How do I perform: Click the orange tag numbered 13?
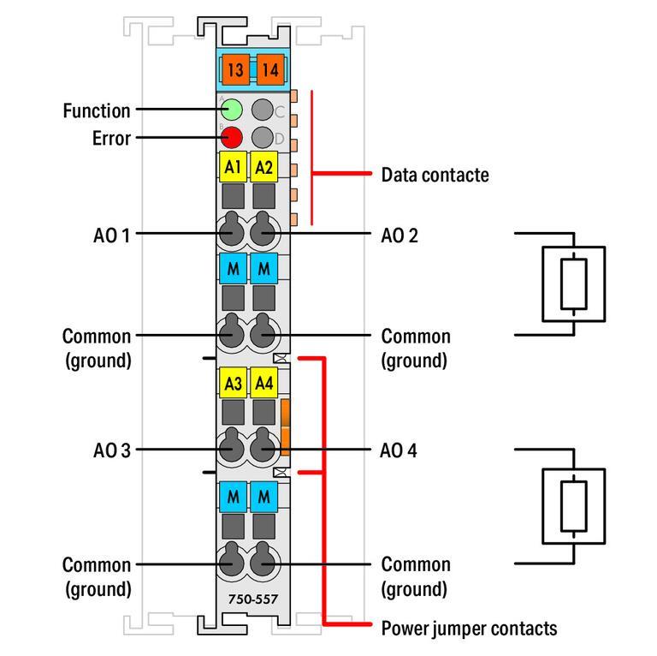coord(234,69)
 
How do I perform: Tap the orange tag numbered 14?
coord(269,69)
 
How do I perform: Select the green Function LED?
coord(233,110)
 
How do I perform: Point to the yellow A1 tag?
coord(233,168)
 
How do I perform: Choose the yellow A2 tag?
coord(264,168)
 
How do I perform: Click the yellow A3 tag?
coord(233,384)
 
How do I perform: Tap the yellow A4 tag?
coord(264,384)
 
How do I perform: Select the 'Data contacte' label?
coord(435,175)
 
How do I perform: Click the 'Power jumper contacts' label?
coord(469,629)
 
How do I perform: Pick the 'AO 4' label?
coord(399,449)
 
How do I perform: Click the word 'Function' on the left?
coord(97,110)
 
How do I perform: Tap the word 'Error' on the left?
coord(111,138)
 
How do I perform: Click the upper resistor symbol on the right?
coord(573,284)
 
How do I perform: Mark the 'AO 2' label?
coord(399,233)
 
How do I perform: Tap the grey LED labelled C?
coord(263,110)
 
